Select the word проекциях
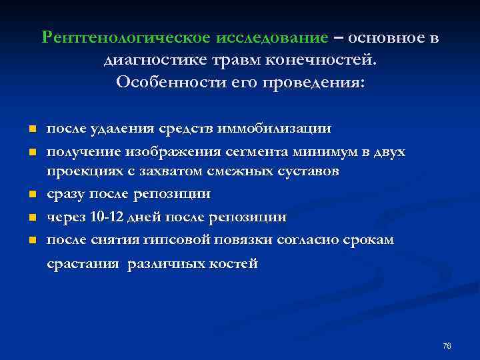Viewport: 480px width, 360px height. coord(83,172)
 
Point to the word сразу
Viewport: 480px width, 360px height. coord(65,194)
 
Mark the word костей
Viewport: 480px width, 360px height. coord(232,264)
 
